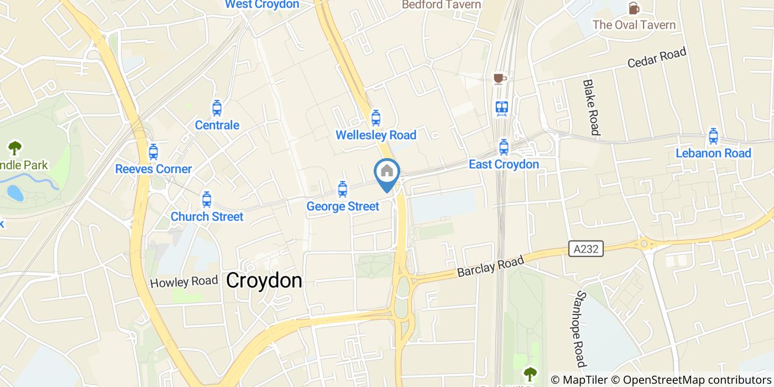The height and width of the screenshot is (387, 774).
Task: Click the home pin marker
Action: (387, 172)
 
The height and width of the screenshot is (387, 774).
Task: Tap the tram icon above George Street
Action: (343, 189)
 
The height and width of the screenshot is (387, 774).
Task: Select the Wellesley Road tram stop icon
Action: (376, 117)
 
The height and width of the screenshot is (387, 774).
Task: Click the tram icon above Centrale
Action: (217, 108)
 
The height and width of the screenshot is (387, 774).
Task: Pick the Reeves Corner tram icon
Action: (153, 151)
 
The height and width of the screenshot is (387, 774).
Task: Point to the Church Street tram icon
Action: (207, 199)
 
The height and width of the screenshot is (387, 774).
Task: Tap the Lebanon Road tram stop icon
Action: (713, 135)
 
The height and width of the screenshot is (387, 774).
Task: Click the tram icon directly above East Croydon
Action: (503, 147)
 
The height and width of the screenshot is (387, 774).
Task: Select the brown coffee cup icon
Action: (499, 79)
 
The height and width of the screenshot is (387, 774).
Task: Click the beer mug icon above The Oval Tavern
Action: (634, 8)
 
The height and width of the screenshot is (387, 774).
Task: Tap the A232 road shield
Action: (585, 249)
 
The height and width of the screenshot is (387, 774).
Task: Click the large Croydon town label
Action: (264, 280)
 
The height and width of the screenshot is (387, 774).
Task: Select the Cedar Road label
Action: (657, 57)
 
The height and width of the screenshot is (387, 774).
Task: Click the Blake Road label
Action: (590, 107)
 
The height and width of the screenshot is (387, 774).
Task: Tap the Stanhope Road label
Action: (580, 330)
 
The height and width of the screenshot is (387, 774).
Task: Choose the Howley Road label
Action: (184, 282)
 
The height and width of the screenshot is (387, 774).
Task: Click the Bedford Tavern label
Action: (441, 4)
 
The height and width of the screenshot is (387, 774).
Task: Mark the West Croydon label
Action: (262, 4)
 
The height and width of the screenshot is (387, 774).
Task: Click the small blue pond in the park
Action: (15, 192)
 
